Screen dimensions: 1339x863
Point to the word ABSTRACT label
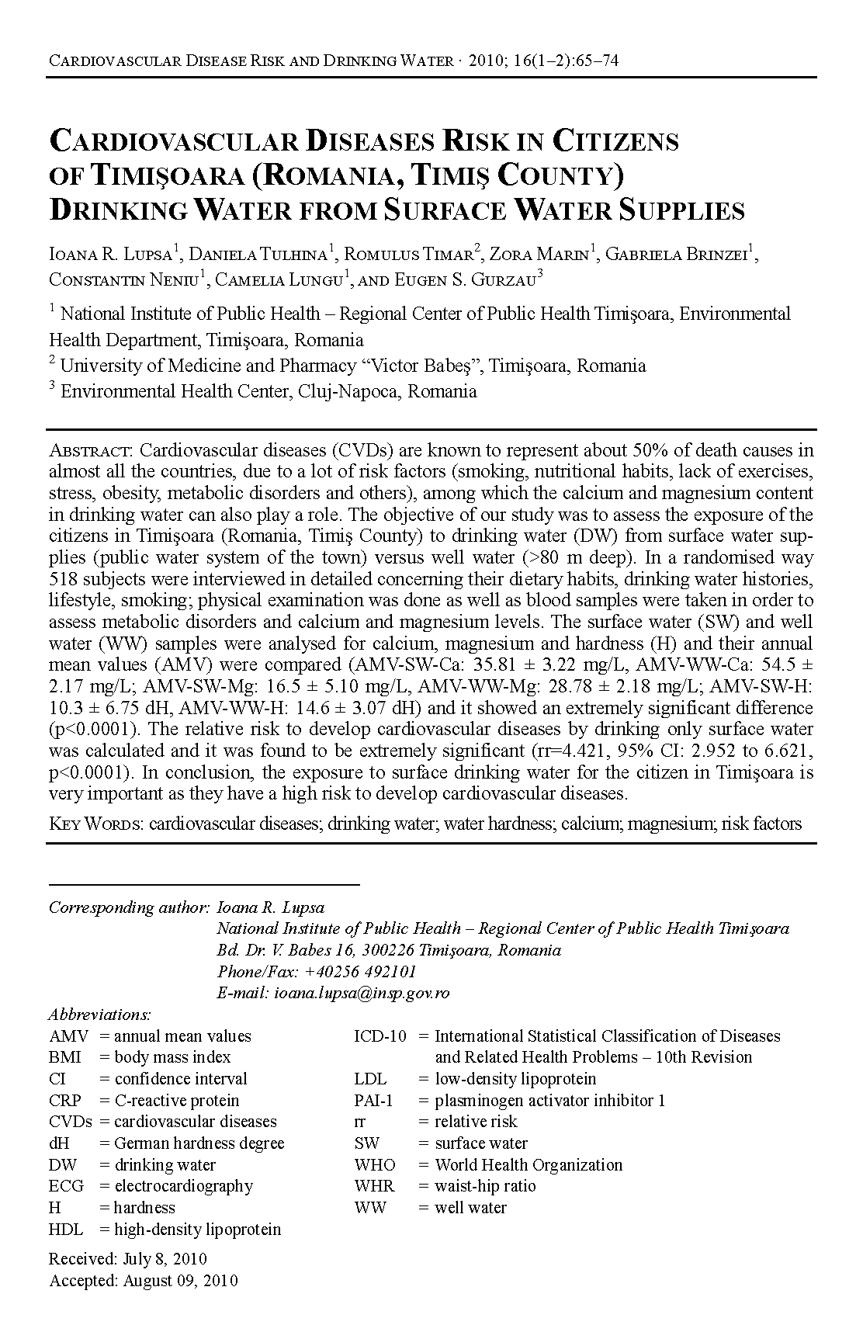point(92,451)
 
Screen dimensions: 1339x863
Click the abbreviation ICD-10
point(380,1036)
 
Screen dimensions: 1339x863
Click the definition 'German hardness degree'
point(199,1143)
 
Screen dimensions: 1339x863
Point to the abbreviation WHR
point(374,1186)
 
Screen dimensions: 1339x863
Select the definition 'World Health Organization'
point(529,1165)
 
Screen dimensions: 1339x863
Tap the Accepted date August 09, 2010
point(180,1281)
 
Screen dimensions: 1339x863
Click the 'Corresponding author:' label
point(129,907)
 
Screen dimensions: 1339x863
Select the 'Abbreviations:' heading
point(99,1015)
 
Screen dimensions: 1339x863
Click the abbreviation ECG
point(65,1186)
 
